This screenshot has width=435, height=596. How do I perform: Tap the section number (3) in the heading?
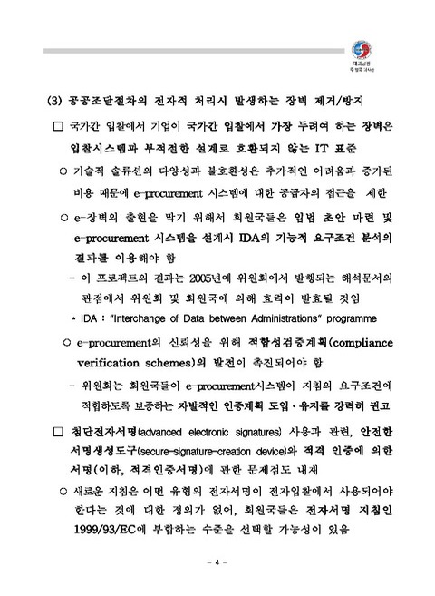pos(53,98)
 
